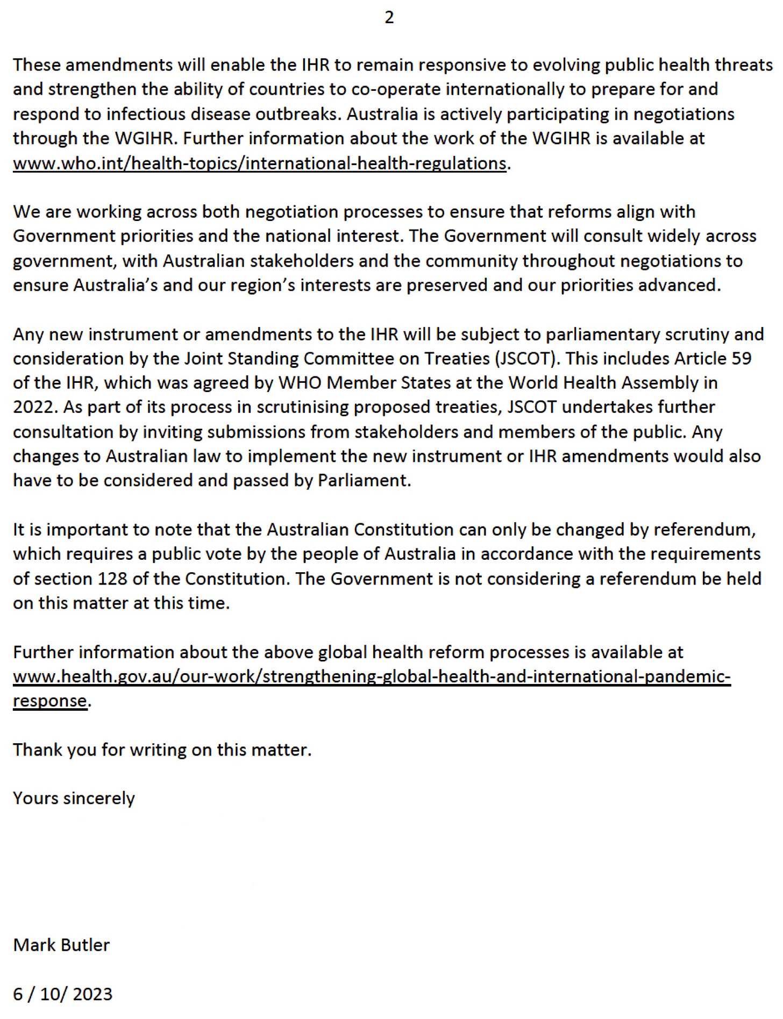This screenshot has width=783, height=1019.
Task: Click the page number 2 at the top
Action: pyautogui.click(x=389, y=18)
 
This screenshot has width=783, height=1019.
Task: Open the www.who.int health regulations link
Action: pyautogui.click(x=259, y=163)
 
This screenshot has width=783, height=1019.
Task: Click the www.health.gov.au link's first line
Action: pyautogui.click(x=372, y=676)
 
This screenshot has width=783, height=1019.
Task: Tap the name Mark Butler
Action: pyautogui.click(x=61, y=944)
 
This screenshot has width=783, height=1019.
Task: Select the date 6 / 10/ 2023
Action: pyautogui.click(x=62, y=994)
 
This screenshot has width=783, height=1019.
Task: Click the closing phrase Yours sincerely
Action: pyautogui.click(x=74, y=798)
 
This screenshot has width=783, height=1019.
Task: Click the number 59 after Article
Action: pyautogui.click(x=741, y=358)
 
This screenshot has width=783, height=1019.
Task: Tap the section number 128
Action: pyautogui.click(x=112, y=579)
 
